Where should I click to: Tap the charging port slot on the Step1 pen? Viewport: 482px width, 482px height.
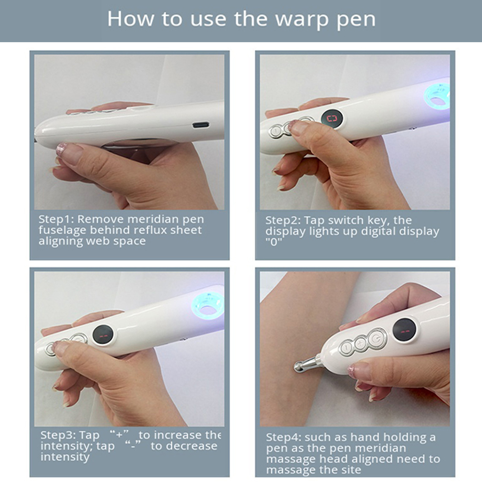(201, 125)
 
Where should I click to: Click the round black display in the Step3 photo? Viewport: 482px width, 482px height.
(103, 335)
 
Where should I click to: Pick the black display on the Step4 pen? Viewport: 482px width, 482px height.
(404, 330)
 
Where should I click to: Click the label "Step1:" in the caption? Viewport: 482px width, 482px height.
(56, 219)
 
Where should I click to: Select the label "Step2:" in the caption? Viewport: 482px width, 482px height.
(283, 221)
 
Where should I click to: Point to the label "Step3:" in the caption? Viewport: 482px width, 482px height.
(58, 435)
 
